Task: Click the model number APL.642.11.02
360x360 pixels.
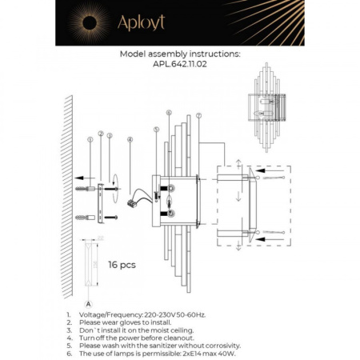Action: pyautogui.click(x=179, y=68)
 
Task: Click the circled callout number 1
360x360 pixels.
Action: pyautogui.click(x=90, y=140)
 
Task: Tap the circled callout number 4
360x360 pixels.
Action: pyautogui.click(x=129, y=140)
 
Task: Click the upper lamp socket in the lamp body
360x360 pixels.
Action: pyautogui.click(x=170, y=190)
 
